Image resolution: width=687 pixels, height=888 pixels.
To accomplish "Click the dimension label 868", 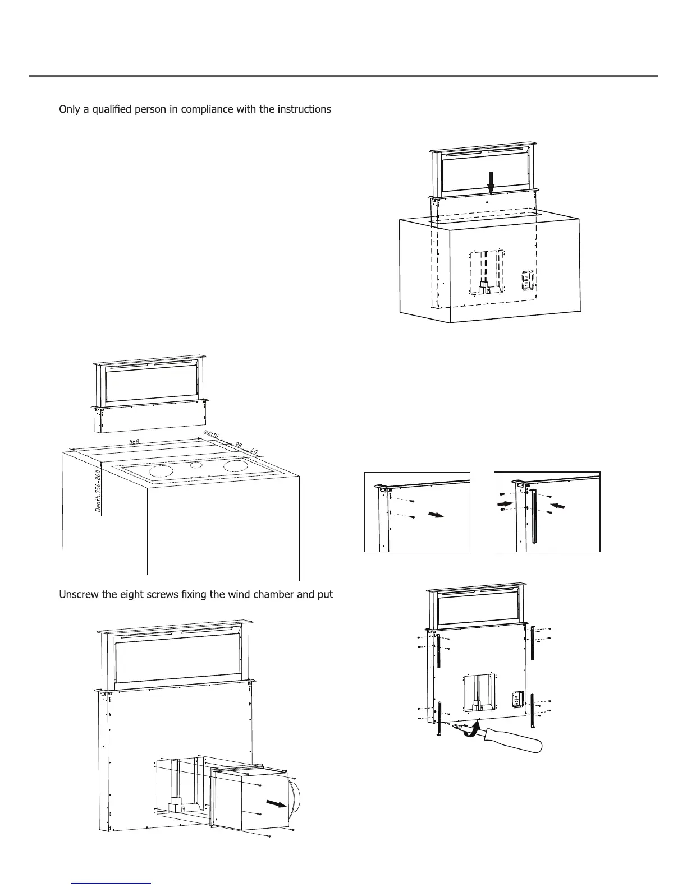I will point(134,442).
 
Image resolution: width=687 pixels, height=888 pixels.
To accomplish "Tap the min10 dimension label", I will point(210,434).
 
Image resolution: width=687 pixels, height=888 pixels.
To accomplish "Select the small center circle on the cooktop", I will point(195,465).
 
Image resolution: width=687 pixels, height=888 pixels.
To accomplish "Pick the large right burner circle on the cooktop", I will point(235,465).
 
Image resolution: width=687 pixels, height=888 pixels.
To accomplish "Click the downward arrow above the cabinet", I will point(491,183).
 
